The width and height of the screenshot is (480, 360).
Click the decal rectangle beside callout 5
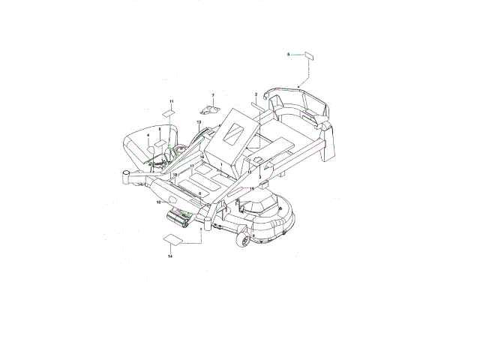[307, 55]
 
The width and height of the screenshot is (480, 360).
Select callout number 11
[170, 100]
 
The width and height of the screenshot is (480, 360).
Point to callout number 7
[212, 95]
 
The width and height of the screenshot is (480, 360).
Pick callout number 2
[256, 94]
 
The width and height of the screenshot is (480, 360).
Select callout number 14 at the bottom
[170, 256]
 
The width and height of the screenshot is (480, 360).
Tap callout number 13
[199, 121]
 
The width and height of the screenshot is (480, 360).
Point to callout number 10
[158, 202]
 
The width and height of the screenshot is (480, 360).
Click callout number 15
[252, 189]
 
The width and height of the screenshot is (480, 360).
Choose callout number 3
[259, 176]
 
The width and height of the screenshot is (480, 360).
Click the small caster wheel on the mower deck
[244, 239]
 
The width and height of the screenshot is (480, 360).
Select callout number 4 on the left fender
[148, 136]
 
